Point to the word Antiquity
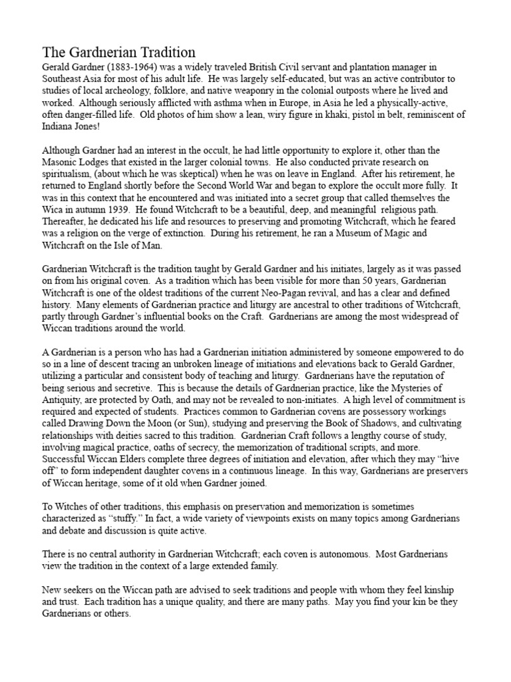tap(64, 398)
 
